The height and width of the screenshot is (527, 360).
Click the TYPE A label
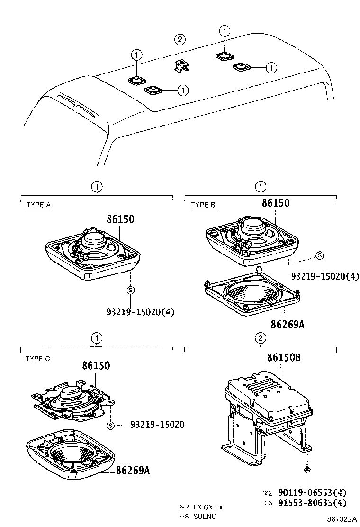[x=38, y=205]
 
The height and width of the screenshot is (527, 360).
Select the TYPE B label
[x=203, y=205]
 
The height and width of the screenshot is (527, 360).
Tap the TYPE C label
[x=38, y=359]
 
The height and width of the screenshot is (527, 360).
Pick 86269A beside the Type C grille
[x=133, y=471]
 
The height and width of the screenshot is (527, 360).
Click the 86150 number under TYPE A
[x=120, y=219]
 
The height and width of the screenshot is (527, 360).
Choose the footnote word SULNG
[x=205, y=517]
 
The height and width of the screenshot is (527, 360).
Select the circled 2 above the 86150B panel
[x=260, y=338]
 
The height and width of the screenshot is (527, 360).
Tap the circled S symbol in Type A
[x=130, y=290]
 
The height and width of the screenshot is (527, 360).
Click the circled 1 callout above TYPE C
[x=97, y=338]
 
